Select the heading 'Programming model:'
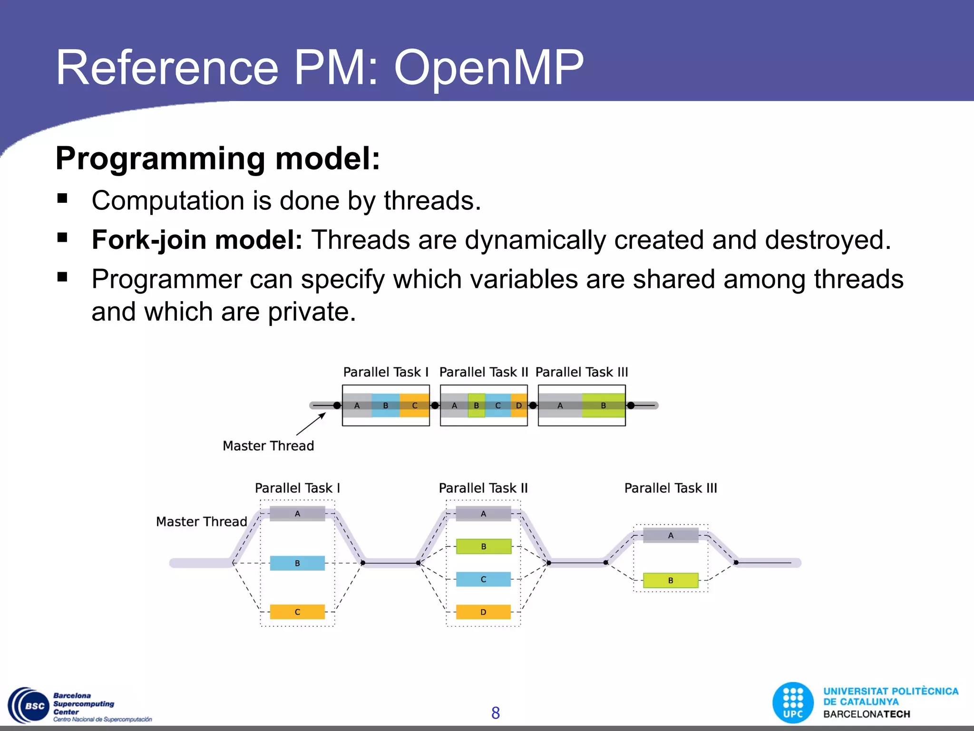(218, 158)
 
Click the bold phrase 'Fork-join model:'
(197, 240)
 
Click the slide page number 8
(495, 713)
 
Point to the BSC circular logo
(29, 706)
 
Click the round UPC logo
(793, 703)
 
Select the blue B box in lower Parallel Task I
(297, 563)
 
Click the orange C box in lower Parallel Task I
(297, 612)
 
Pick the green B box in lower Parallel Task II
(483, 546)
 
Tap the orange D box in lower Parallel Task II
(483, 612)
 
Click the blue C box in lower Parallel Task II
(483, 579)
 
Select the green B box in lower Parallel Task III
(671, 581)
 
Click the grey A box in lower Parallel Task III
(671, 535)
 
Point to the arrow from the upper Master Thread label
(311, 424)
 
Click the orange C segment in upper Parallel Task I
(414, 405)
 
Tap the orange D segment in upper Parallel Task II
(519, 405)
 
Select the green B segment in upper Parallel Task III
(603, 405)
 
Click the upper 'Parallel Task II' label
(483, 372)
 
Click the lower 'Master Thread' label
(201, 522)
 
